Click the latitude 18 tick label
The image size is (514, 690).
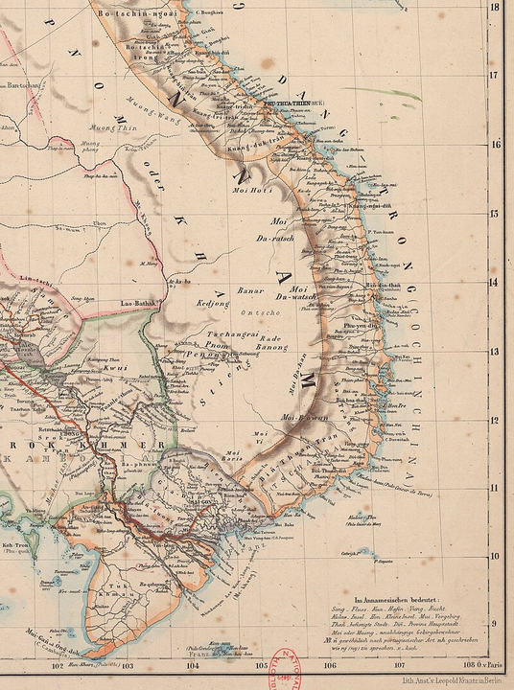(x=495, y=7)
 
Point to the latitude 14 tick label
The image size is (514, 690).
(x=495, y=282)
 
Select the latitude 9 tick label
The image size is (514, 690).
(x=495, y=624)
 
